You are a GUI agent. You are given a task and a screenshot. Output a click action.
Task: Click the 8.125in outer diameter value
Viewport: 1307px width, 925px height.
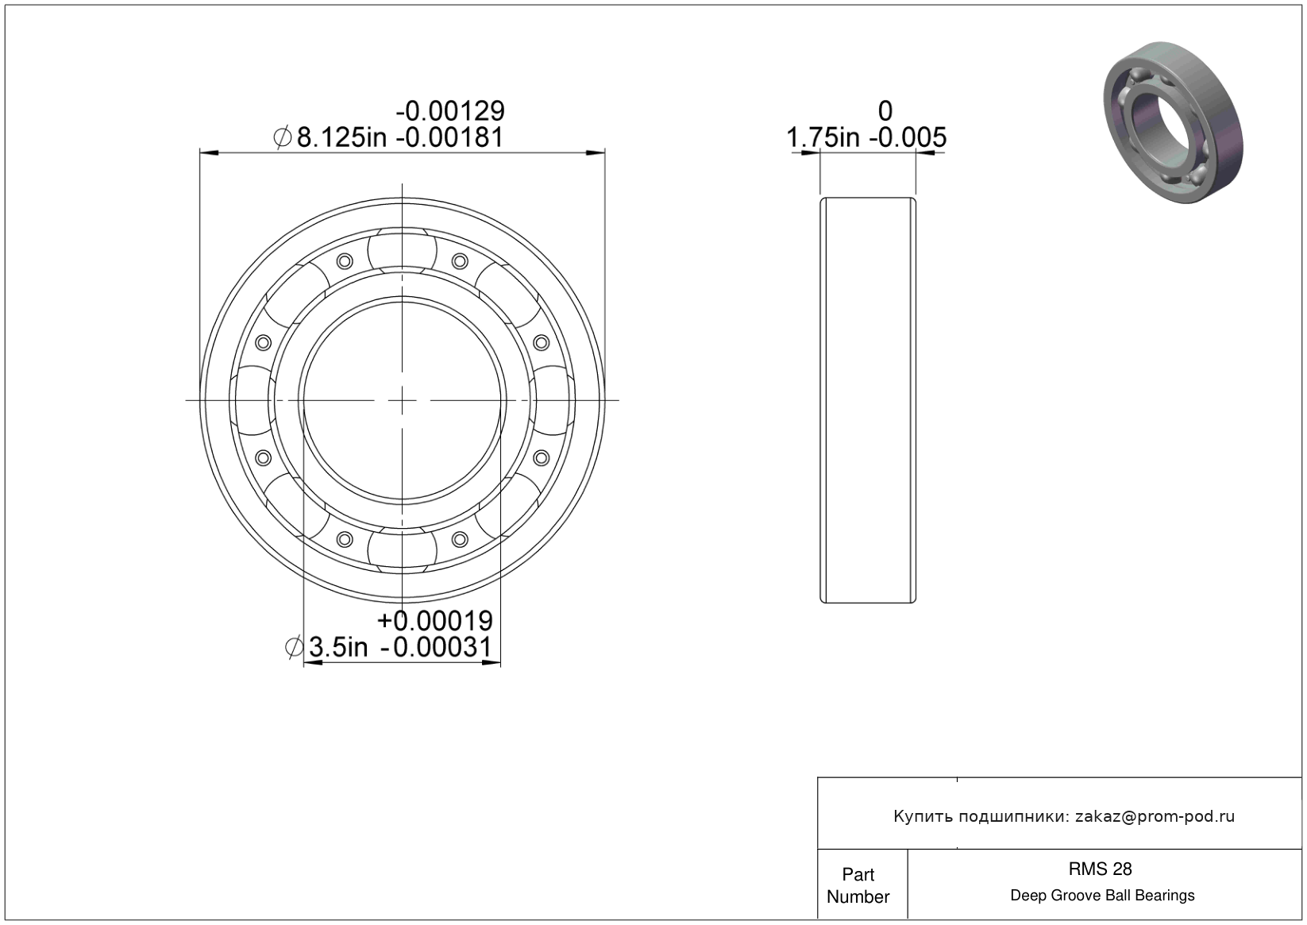[x=342, y=137]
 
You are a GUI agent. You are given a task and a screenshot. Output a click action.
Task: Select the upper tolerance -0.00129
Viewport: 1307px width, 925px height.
[x=450, y=111]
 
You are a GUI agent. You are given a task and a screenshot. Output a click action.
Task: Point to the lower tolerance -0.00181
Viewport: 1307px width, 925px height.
[x=449, y=137]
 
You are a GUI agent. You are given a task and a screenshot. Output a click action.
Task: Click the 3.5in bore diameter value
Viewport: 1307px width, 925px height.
[x=337, y=647]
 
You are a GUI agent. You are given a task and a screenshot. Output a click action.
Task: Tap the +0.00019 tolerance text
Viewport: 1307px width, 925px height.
[x=435, y=620]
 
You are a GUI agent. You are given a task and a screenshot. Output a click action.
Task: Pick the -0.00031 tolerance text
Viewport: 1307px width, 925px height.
[x=436, y=647]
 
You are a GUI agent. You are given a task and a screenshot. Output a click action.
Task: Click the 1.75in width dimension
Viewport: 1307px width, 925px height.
[x=823, y=137]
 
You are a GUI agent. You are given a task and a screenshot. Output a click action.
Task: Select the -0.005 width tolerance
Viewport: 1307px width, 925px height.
[x=908, y=137]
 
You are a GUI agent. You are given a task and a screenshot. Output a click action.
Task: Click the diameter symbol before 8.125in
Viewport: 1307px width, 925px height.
[x=283, y=137]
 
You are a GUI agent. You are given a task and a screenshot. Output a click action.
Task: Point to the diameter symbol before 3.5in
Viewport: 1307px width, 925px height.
[x=294, y=647]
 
